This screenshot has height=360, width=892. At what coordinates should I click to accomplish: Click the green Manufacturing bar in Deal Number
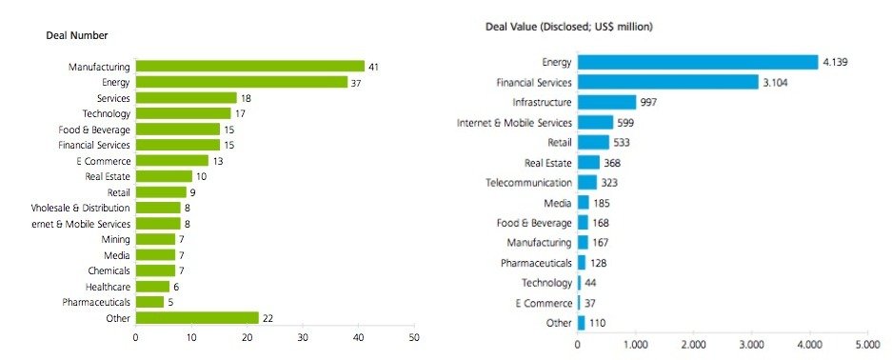click(249, 67)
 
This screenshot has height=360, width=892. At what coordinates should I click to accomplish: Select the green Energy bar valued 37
click(241, 82)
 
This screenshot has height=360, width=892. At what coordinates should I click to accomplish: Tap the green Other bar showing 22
click(197, 317)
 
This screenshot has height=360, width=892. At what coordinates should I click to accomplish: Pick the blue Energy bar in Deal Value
click(698, 62)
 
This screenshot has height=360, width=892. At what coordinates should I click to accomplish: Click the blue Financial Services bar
click(667, 82)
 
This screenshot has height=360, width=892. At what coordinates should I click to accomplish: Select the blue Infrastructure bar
click(606, 102)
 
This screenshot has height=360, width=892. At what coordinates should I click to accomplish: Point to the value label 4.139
click(839, 62)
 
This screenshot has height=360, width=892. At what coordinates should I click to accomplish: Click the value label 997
click(652, 102)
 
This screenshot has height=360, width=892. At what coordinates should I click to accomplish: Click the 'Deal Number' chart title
click(77, 35)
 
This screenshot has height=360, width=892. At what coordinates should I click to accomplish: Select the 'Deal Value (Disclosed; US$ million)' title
click(568, 27)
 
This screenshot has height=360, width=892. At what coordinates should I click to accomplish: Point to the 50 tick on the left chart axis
click(413, 338)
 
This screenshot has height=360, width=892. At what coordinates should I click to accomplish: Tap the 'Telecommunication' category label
click(528, 182)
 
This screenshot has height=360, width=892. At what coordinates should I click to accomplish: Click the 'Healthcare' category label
click(105, 286)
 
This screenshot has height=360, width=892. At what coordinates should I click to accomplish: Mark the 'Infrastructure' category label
click(542, 102)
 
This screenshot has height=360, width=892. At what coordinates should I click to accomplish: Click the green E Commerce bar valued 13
click(171, 160)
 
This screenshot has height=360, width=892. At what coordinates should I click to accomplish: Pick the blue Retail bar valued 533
click(593, 142)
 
